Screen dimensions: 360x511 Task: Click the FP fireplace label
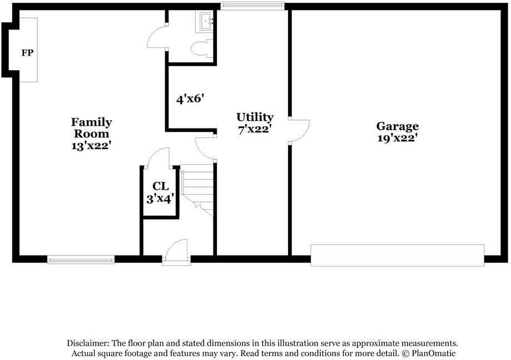(27, 53)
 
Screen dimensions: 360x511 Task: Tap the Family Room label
(91, 127)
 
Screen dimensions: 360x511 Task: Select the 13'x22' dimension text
(91, 145)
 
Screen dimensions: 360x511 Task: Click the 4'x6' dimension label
(190, 100)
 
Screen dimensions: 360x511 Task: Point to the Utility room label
(255, 117)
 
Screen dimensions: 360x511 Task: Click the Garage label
(397, 126)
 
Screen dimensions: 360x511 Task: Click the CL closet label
(161, 186)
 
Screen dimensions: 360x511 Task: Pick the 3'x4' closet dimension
(161, 198)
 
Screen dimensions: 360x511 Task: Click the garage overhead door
(397, 255)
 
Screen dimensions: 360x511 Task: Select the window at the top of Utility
(252, 6)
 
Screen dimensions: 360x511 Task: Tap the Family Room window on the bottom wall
(81, 259)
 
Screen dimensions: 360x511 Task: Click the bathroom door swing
(157, 38)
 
